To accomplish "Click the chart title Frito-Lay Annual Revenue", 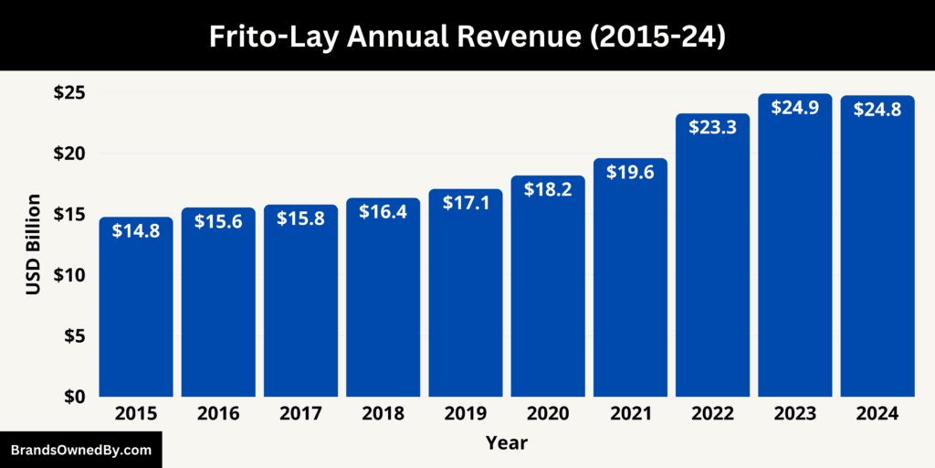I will (467, 36).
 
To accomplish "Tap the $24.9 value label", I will (794, 107).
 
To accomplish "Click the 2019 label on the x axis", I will (465, 414).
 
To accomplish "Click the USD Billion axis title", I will (34, 244).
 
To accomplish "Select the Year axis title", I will (506, 443).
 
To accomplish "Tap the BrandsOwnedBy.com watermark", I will (80, 450).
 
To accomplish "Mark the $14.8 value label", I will (135, 231).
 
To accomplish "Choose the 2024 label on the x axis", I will (877, 414).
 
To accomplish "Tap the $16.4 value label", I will (383, 211).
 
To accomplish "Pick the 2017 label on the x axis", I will (300, 414).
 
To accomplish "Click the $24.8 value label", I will (877, 109).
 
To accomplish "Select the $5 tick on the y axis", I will (73, 336).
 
